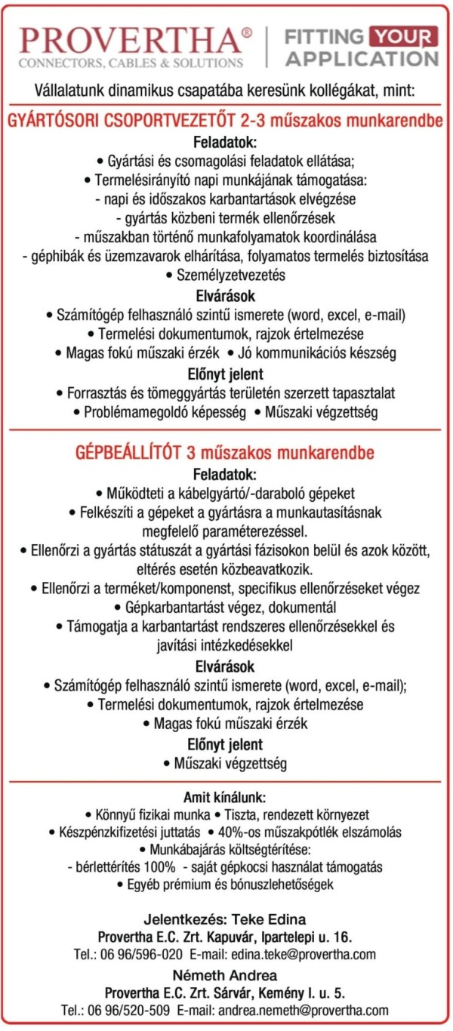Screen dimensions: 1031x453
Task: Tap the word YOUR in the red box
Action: tap(402, 35)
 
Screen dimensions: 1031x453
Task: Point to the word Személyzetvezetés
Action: tap(231, 275)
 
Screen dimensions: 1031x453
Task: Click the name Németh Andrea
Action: tap(226, 974)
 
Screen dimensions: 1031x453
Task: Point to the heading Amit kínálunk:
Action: tap(225, 797)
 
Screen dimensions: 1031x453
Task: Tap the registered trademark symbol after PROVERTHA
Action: tap(247, 32)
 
